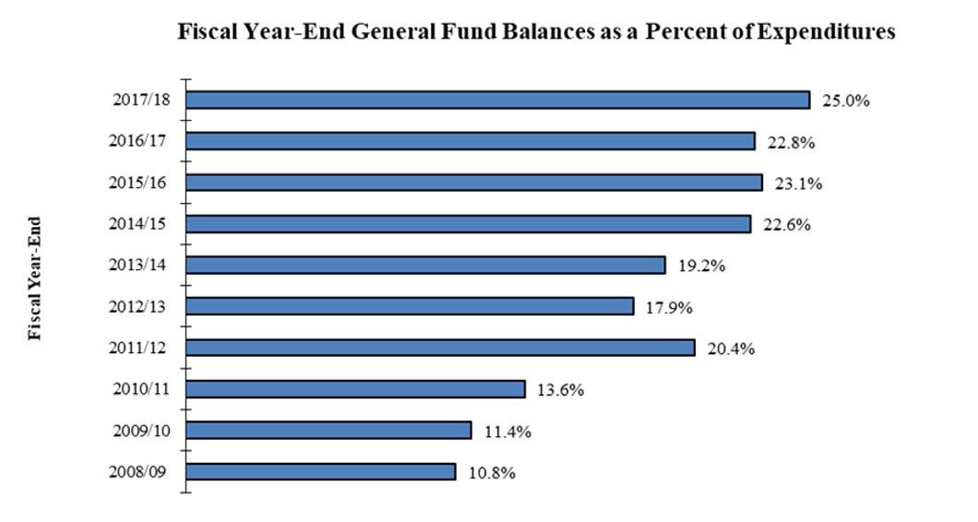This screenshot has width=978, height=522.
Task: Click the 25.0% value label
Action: tap(846, 101)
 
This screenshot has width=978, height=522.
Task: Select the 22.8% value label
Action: tap(791, 142)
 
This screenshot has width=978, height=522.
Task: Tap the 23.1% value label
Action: tap(798, 183)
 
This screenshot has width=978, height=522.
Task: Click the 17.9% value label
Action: tap(669, 307)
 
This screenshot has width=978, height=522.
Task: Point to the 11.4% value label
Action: tap(507, 431)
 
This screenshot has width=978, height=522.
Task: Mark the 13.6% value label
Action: tap(560, 389)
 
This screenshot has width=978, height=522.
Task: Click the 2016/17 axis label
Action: tap(137, 140)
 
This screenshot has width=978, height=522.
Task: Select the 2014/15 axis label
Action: tap(137, 223)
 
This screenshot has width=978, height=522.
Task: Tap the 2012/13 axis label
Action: tap(137, 306)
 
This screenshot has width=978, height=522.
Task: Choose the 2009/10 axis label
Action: tap(137, 431)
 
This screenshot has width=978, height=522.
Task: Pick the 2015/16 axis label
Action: tap(137, 182)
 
